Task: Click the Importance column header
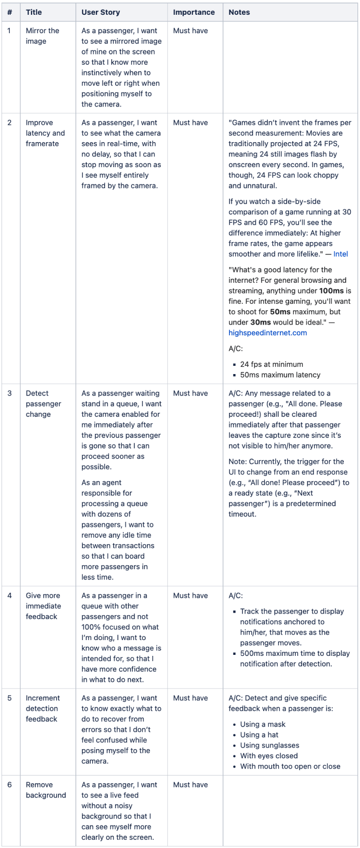[x=194, y=12]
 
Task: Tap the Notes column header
[x=239, y=12]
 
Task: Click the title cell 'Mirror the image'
[x=42, y=36]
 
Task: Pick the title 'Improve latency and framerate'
[x=45, y=133]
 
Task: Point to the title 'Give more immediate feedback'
[x=43, y=606]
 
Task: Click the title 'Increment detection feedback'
[x=43, y=708]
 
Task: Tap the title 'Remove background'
[x=46, y=790]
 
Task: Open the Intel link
[x=341, y=254]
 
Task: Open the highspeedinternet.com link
[x=268, y=333]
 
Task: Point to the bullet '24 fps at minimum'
[x=271, y=364]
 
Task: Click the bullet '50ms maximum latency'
[x=280, y=375]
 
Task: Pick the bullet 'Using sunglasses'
[x=269, y=745]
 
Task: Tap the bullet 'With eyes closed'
[x=269, y=756]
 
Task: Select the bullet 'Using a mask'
[x=263, y=724]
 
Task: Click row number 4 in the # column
[x=10, y=595]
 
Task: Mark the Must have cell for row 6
[x=190, y=785]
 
